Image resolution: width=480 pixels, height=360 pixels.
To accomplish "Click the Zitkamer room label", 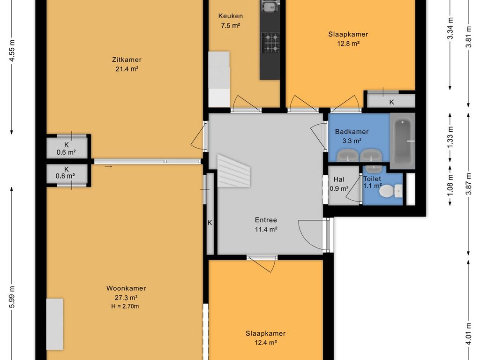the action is click(x=127, y=60).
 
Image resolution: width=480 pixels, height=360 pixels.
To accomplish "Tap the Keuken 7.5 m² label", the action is click(x=231, y=21).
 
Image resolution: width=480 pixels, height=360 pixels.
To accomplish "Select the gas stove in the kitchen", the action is click(x=271, y=43).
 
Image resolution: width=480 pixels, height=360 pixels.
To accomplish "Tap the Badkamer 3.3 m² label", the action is click(x=352, y=136).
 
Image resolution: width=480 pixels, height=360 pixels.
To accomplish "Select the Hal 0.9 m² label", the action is click(x=339, y=184).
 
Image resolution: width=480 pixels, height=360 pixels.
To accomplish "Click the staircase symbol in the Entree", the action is click(x=233, y=171).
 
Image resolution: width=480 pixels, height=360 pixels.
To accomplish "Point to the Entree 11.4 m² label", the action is click(x=266, y=225).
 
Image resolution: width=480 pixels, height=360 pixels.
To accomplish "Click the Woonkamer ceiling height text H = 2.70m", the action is click(x=125, y=306).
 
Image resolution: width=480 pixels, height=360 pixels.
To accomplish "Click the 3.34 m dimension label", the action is click(x=450, y=28).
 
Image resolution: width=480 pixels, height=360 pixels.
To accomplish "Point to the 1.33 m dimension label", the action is click(x=450, y=137).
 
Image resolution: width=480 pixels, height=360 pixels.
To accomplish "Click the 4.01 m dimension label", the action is click(x=468, y=334).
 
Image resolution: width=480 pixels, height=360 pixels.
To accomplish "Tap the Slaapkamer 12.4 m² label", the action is click(x=265, y=338).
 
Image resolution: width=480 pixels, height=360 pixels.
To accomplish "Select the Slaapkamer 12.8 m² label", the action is click(x=348, y=39).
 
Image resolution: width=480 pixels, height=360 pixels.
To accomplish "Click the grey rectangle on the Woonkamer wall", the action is click(x=55, y=324).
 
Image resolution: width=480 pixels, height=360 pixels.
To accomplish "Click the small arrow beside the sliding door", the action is click(x=108, y=166).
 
